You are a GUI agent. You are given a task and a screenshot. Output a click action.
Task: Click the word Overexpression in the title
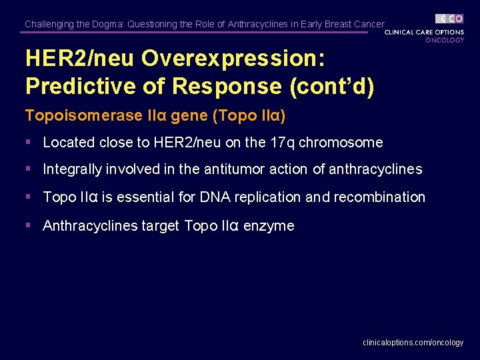pyautogui.click(x=238, y=59)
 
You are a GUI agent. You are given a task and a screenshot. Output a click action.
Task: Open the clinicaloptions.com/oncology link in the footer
pyautogui.click(x=413, y=343)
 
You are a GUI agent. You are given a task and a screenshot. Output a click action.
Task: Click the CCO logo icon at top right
pyautogui.click(x=449, y=19)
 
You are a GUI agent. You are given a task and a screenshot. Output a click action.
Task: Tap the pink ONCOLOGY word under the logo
pyautogui.click(x=445, y=40)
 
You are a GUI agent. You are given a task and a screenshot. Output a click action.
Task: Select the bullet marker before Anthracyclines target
pyautogui.click(x=29, y=225)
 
